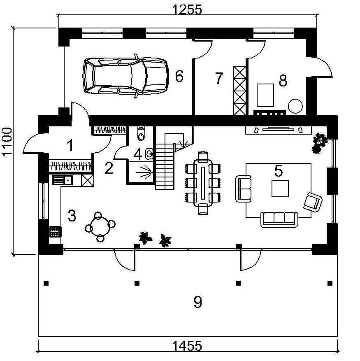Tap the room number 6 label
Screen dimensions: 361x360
click(x=179, y=76)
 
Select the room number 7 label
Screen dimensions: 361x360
click(x=218, y=78)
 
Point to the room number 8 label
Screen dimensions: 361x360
click(x=283, y=81)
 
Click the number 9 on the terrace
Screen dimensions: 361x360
click(x=197, y=303)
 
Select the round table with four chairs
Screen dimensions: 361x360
click(x=100, y=226)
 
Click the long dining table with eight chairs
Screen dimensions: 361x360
click(x=203, y=183)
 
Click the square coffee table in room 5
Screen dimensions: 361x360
click(x=280, y=189)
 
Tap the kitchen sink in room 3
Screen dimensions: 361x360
click(x=63, y=180)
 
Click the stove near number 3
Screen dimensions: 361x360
click(x=55, y=231)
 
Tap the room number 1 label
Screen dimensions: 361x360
click(x=70, y=145)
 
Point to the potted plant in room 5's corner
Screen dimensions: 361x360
click(x=319, y=142)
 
